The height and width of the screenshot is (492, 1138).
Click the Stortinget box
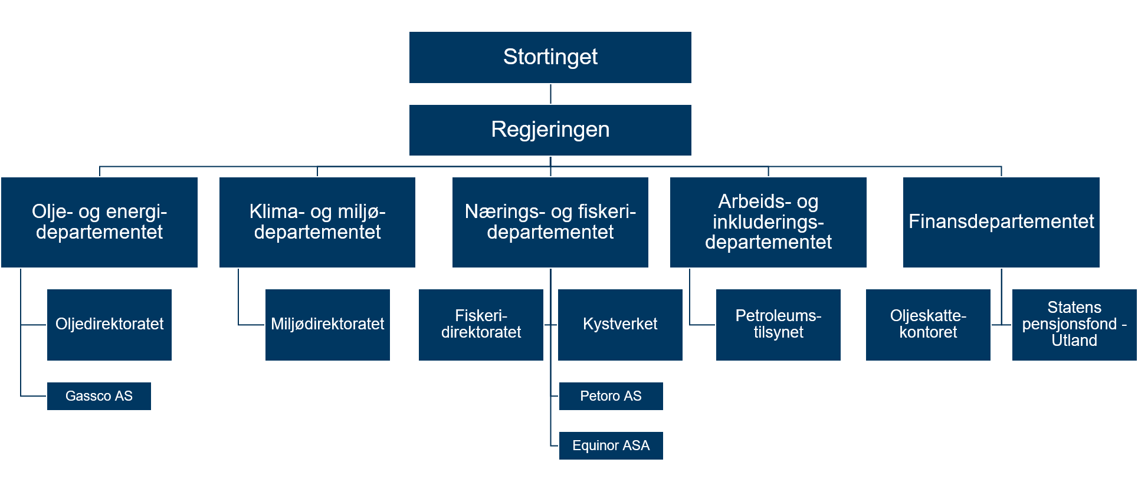(550, 57)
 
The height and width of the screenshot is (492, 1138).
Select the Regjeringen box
(550, 130)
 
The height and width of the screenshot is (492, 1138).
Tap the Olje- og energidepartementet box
(99, 222)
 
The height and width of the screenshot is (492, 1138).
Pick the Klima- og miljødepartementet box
(317, 222)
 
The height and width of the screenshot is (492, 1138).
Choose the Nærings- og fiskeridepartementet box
(550, 222)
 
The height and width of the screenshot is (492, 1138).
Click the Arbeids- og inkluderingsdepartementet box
(768, 222)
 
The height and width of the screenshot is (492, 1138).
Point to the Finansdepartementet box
(1001, 222)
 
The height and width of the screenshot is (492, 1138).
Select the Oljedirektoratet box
(109, 325)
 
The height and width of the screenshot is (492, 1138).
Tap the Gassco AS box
(99, 396)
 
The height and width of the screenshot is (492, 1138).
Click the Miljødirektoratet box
(327, 325)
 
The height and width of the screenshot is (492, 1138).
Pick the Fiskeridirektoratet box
(481, 325)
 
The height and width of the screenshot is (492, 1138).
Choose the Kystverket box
(620, 325)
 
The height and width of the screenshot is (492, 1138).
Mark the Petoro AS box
(611, 396)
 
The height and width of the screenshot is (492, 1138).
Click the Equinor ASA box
(611, 445)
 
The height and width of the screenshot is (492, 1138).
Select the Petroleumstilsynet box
(778, 325)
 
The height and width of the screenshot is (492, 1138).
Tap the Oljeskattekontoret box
(928, 325)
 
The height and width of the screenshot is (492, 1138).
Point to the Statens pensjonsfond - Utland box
(1074, 325)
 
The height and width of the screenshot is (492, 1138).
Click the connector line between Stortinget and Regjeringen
(550, 94)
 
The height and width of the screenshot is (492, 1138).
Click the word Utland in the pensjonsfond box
(1074, 341)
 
